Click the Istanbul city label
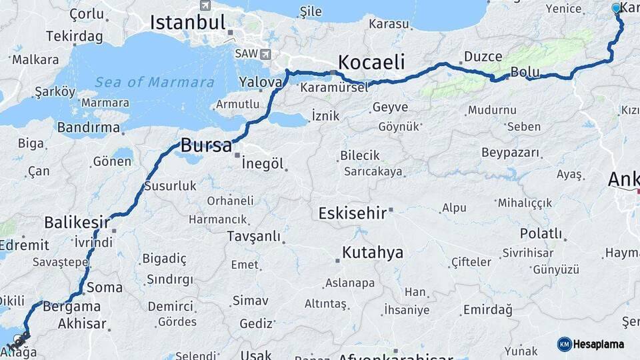click(187, 22)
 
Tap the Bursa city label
click(206, 145)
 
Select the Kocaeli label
click(371, 63)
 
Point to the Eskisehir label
click(352, 213)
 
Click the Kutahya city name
click(373, 253)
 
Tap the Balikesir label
click(77, 222)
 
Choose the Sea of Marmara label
click(155, 83)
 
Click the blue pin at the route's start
click(616, 9)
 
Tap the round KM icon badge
click(564, 344)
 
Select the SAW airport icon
click(266, 54)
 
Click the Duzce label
click(483, 57)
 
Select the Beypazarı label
click(510, 153)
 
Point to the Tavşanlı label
click(253, 236)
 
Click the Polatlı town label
click(541, 233)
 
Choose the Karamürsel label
click(334, 87)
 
